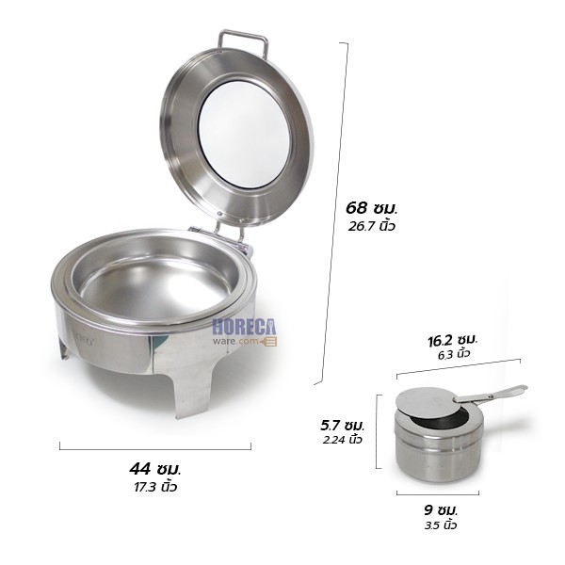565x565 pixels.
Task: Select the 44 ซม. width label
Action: click(155, 468)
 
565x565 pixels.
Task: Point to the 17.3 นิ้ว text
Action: click(155, 487)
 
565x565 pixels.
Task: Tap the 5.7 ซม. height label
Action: click(343, 425)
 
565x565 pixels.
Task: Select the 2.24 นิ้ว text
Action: click(342, 440)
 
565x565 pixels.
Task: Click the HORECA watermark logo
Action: click(243, 329)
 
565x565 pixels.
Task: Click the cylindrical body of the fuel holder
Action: click(437, 452)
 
